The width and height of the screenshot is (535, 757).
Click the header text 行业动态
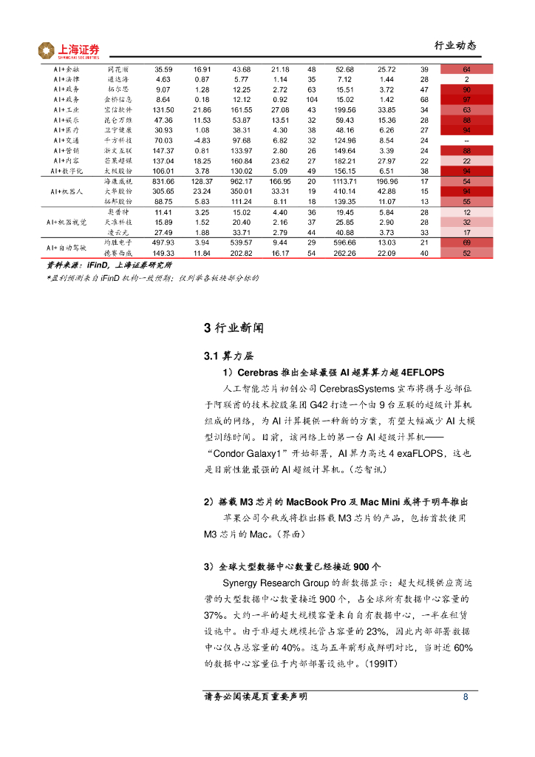[x=454, y=45]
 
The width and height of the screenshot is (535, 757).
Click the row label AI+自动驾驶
[x=68, y=248]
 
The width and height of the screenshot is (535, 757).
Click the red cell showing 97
[x=466, y=100]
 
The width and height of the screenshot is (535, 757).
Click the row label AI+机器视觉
[x=67, y=222]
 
